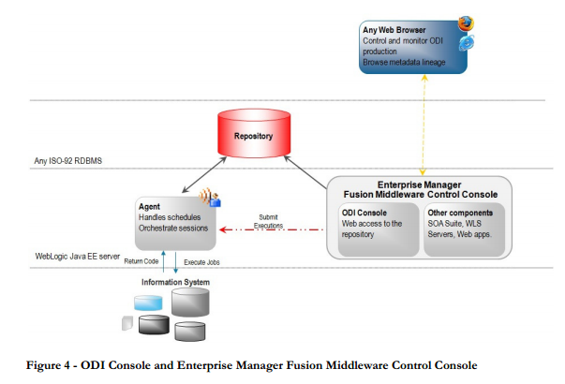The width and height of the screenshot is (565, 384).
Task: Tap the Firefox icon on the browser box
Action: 466,23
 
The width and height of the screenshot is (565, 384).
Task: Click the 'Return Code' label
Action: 141,261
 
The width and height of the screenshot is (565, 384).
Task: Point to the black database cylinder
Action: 153,324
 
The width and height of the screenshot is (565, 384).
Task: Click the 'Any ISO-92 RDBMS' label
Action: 68,160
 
